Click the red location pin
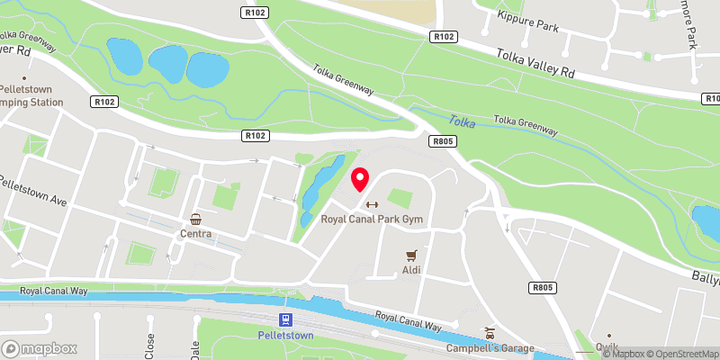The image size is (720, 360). tap(360, 178)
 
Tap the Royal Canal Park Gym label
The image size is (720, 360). tap(372, 220)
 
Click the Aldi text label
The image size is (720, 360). tap(411, 270)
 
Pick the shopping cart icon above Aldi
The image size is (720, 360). tap(411, 255)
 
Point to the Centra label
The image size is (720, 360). tap(195, 234)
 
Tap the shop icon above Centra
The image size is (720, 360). tap(195, 220)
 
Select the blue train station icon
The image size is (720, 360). tap(285, 320)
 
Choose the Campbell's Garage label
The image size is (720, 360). tap(490, 348)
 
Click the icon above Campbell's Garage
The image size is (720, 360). tap(490, 333)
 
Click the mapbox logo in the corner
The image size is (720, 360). tap(40, 348)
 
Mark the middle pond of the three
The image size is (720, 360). tap(166, 64)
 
